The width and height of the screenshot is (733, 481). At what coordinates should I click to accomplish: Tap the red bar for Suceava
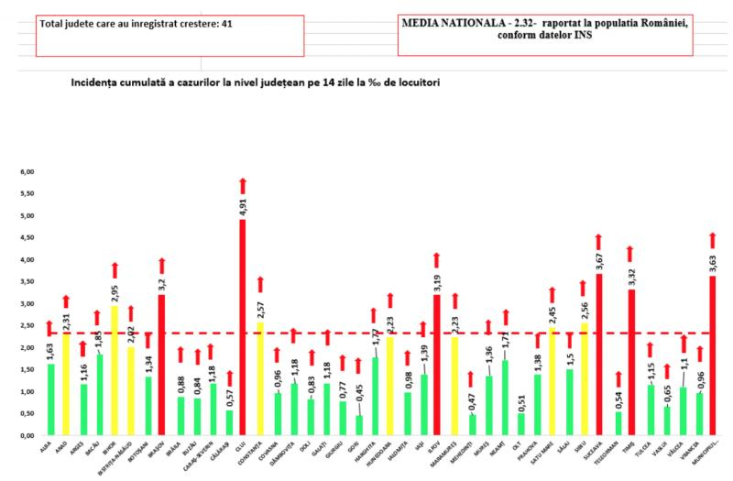pyautogui.click(x=598, y=354)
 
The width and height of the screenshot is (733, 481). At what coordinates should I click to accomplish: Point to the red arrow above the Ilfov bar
pyautogui.click(x=437, y=261)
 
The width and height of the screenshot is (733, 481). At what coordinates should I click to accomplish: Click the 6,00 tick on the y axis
pyautogui.click(x=27, y=171)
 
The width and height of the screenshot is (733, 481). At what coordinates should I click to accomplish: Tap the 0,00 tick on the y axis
pyautogui.click(x=27, y=435)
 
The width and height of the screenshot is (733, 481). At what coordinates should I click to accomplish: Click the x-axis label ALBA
pyautogui.click(x=44, y=446)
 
